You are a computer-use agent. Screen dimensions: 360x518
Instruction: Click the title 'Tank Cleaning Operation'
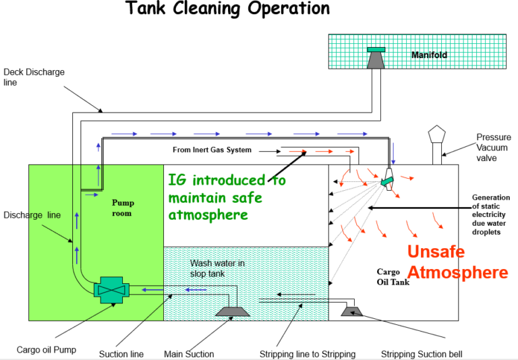(x=228, y=9)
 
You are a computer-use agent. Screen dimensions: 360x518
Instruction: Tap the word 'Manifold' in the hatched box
(x=429, y=55)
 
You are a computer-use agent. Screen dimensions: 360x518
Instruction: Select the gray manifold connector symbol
(x=376, y=58)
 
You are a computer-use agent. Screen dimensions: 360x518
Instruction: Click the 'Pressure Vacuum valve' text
(x=493, y=147)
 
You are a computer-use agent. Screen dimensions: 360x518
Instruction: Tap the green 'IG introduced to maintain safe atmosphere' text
(x=227, y=198)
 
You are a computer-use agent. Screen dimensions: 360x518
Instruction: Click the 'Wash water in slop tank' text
(x=217, y=268)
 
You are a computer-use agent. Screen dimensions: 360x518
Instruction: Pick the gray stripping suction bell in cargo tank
(x=352, y=310)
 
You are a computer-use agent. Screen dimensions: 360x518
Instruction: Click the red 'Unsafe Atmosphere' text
(x=457, y=262)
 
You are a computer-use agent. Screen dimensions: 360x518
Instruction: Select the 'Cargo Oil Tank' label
(x=393, y=277)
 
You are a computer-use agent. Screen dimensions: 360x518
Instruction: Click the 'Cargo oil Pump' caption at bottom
(x=46, y=350)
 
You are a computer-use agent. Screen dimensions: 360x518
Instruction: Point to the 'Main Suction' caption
(x=189, y=353)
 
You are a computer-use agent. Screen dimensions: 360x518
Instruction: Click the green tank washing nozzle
(x=388, y=181)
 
